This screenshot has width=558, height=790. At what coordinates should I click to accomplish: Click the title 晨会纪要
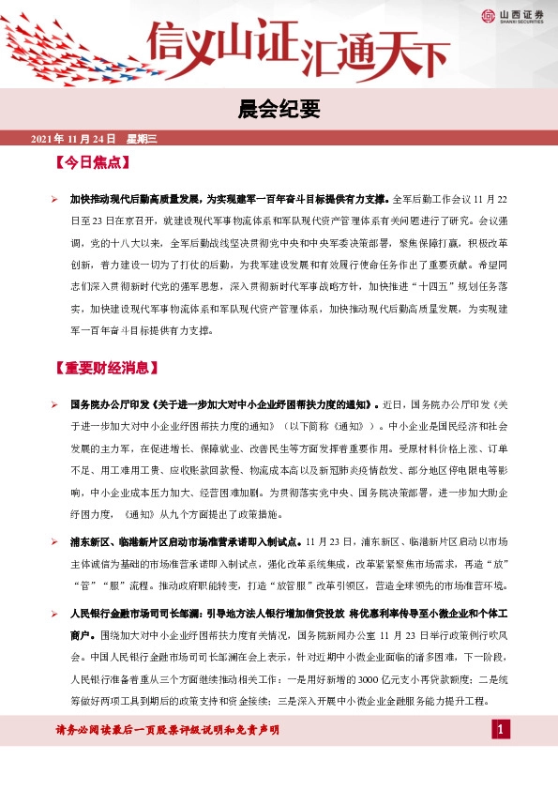(279, 112)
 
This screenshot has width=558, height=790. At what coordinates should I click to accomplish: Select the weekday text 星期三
(143, 139)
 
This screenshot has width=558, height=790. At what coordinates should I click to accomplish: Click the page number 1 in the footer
(502, 730)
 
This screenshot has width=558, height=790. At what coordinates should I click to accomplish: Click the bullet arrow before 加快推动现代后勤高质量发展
(55, 200)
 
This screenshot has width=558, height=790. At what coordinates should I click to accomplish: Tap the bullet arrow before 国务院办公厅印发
(55, 404)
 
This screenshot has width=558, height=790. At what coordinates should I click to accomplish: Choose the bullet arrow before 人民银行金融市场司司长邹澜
(55, 613)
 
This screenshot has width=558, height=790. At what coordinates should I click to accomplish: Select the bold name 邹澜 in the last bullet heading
(209, 613)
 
